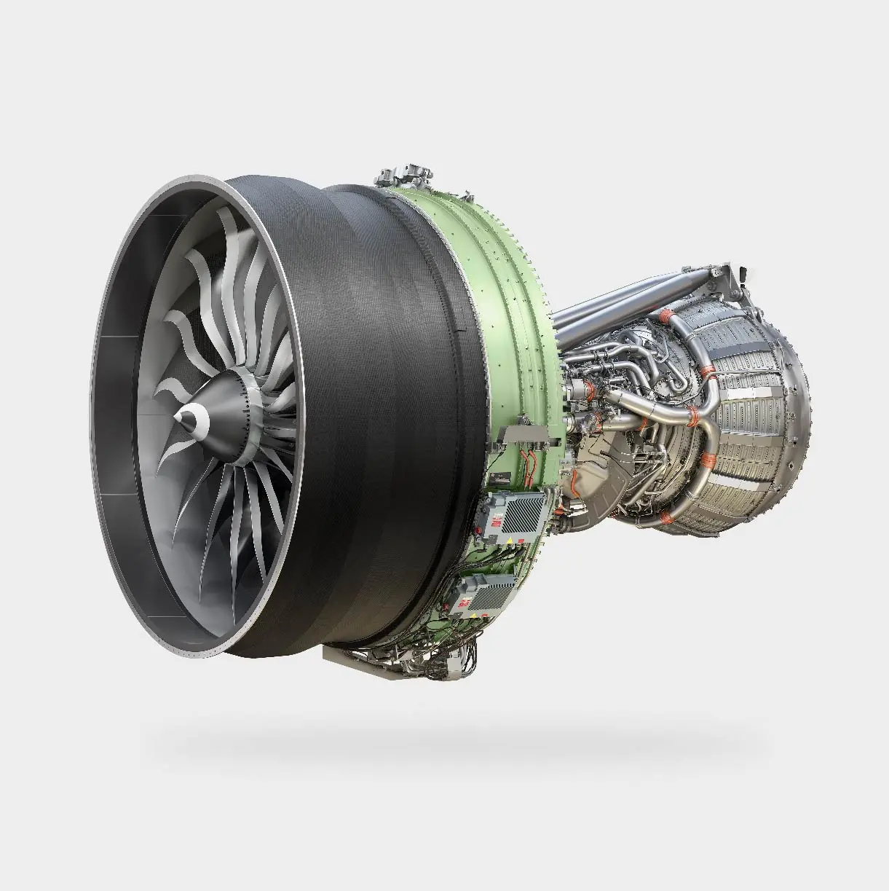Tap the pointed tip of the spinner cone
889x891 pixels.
[177, 417]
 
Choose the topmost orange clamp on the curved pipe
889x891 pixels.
[665, 316]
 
